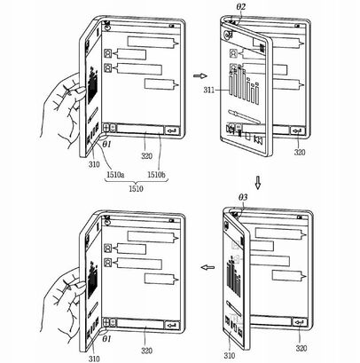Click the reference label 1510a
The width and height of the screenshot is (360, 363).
tap(115, 175)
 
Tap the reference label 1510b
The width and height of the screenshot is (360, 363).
tap(157, 175)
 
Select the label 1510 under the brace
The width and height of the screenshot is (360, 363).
tap(136, 188)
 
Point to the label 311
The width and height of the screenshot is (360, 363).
tap(209, 90)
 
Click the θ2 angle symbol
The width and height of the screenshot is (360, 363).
tap(241, 7)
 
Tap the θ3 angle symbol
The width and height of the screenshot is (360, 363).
tap(243, 197)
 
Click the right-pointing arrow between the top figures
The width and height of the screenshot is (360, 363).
tap(200, 76)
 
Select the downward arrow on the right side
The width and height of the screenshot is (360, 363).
tap(258, 183)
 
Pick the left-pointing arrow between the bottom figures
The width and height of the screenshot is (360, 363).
tap(207, 267)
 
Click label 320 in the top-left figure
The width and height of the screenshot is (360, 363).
tap(146, 156)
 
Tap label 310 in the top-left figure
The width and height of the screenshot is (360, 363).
tap(94, 164)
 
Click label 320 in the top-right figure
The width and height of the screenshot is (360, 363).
tap(300, 153)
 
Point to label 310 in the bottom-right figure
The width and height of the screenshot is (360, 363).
tap(230, 356)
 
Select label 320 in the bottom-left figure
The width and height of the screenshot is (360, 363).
tap(146, 351)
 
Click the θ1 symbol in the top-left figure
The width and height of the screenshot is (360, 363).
tap(106, 145)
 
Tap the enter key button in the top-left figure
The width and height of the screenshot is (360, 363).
tap(172, 130)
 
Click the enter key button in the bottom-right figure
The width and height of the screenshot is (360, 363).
tap(300, 322)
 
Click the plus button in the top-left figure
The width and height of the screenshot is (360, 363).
tap(106, 129)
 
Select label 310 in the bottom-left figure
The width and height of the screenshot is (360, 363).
tap(94, 359)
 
